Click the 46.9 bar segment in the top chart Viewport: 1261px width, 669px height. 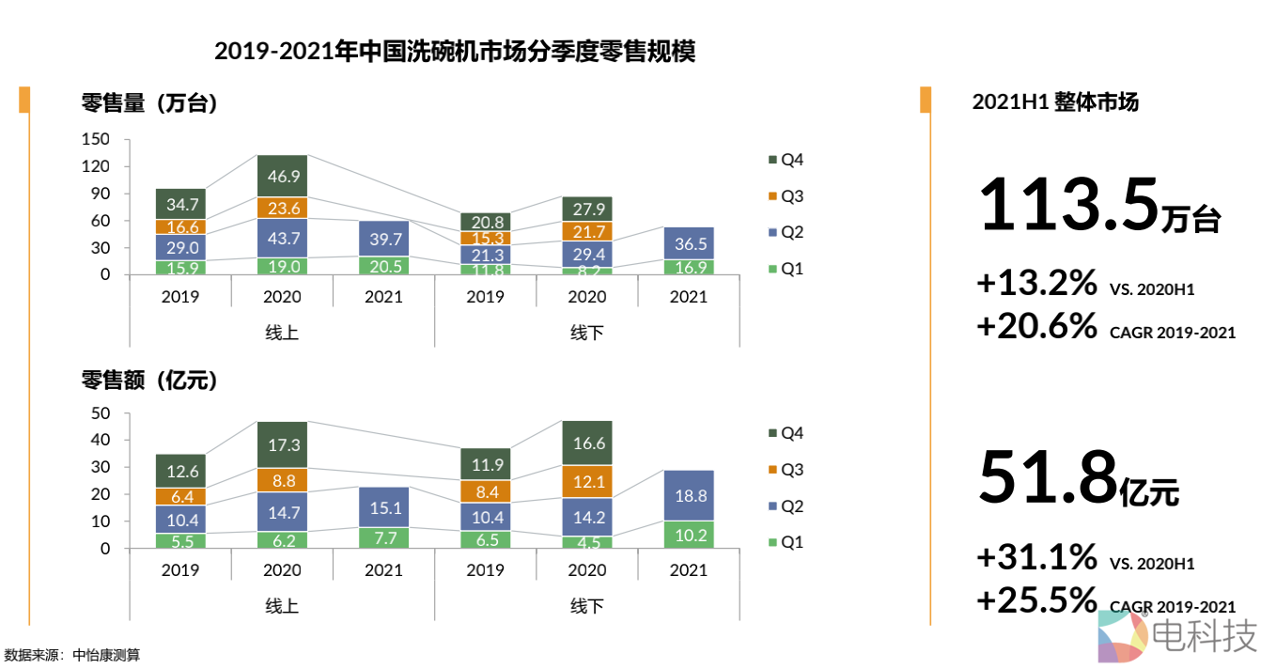[282, 176]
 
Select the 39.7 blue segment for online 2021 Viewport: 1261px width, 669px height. [383, 239]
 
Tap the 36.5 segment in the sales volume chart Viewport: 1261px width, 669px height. [688, 242]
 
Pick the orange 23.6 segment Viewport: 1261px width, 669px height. [282, 209]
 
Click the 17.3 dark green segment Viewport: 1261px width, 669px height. [282, 444]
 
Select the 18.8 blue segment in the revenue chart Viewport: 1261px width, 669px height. [688, 495]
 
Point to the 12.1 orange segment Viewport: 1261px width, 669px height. [586, 481]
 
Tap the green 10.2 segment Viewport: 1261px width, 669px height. [688, 535]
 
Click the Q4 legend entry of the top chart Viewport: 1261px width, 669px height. [786, 160]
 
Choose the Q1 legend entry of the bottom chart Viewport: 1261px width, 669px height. [786, 542]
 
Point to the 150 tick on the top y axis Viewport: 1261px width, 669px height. [97, 140]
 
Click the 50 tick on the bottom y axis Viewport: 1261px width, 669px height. [101, 413]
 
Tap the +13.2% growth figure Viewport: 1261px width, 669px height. [1036, 282]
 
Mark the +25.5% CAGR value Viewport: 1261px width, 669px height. [1036, 599]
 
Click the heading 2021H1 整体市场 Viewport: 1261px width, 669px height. [1055, 102]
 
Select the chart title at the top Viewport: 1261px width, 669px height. [455, 51]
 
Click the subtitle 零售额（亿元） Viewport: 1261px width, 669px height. [149, 381]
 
